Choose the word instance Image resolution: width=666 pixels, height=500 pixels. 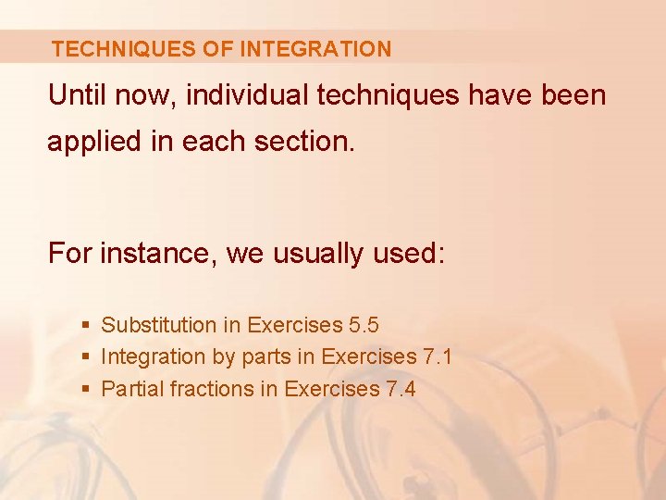[154, 253]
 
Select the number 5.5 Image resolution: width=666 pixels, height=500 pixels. [364, 325]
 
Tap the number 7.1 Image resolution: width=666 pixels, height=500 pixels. [437, 356]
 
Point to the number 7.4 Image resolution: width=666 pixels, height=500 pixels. [401, 389]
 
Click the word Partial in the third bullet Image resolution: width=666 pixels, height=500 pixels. [131, 389]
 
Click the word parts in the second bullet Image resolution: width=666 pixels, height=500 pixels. [265, 357]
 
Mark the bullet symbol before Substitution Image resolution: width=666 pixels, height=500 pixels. [85, 326]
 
